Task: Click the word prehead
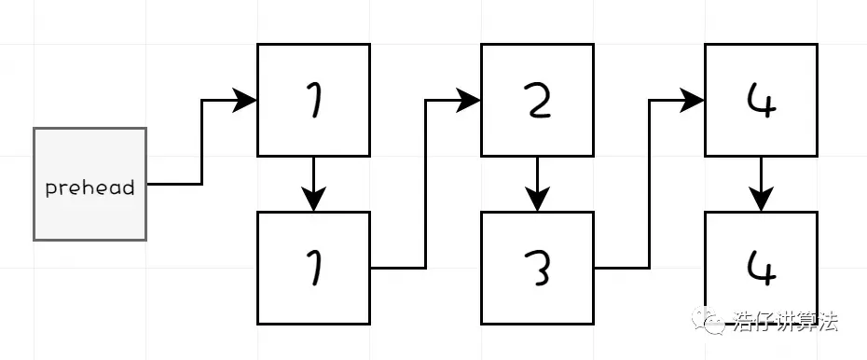point(89,187)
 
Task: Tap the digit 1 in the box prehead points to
point(313,100)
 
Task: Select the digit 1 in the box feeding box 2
point(313,268)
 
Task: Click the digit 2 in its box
point(537,100)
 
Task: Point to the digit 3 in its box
point(537,268)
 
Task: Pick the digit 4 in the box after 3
point(761,100)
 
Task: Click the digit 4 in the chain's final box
point(761,267)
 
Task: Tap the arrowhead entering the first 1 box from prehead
point(246,100)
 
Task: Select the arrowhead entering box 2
point(470,100)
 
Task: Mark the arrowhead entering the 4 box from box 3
point(694,100)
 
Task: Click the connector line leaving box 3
point(620,268)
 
